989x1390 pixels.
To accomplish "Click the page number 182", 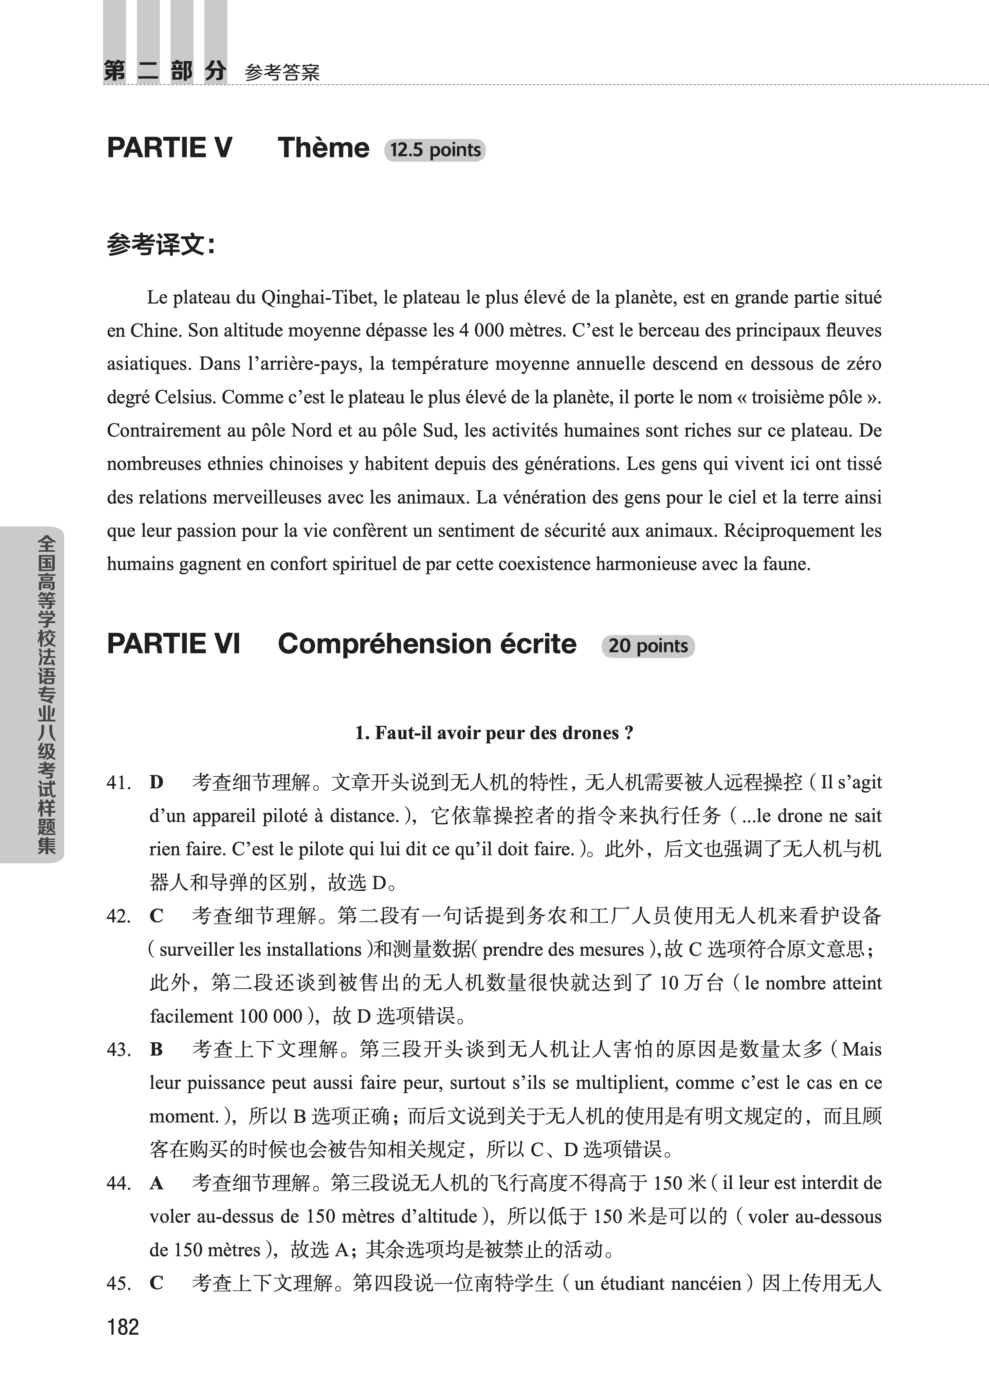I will [x=123, y=1327].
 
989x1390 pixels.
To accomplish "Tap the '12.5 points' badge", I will [x=435, y=150].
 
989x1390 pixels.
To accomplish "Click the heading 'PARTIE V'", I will [x=169, y=148].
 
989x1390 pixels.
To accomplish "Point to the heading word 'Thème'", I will [x=323, y=148].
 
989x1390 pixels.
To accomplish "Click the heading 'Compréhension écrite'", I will [x=427, y=643].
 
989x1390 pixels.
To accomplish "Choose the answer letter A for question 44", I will [x=157, y=1183].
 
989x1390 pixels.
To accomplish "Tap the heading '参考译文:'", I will [x=161, y=245].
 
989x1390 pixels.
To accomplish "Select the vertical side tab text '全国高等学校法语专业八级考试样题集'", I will [x=46, y=694].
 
